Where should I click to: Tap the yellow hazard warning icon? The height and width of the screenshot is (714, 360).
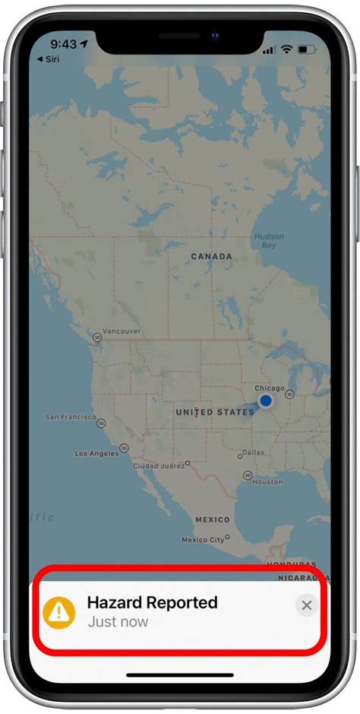[x=59, y=611]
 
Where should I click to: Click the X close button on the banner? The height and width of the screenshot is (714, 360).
[x=306, y=605]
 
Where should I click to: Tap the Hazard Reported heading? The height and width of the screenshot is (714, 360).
[x=152, y=602]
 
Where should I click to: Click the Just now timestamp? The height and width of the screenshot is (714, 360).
[x=117, y=622]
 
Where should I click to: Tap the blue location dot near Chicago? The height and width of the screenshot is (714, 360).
[x=265, y=400]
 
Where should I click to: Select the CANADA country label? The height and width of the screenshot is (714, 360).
[x=211, y=257]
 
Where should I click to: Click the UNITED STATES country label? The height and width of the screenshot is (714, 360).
[x=215, y=412]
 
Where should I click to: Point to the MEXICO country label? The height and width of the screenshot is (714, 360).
[x=213, y=520]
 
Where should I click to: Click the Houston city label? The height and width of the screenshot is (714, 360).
[x=267, y=482]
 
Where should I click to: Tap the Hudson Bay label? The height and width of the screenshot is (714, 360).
[x=269, y=241]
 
